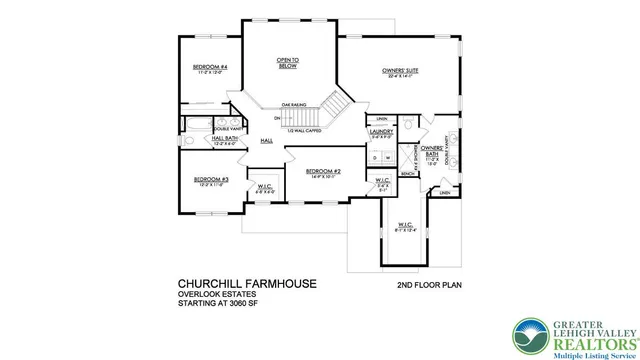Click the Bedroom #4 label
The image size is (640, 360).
click(x=210, y=68)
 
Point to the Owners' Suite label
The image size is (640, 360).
click(x=398, y=71)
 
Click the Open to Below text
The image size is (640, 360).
click(x=289, y=63)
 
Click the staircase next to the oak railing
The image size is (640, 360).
click(x=335, y=103)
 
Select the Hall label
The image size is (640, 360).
click(x=266, y=141)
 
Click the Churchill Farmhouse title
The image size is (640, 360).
click(x=247, y=284)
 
